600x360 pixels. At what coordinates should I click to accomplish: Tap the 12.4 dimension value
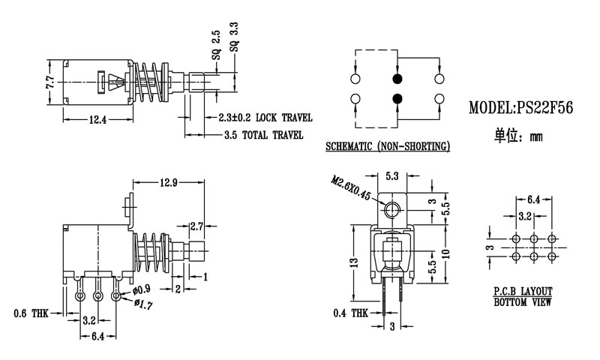tap(97, 118)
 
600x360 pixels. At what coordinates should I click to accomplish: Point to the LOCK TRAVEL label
tap(283, 118)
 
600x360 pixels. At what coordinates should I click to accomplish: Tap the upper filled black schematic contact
tap(397, 78)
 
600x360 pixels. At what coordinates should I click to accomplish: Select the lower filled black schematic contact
tap(397, 97)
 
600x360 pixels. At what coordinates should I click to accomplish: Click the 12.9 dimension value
tap(169, 183)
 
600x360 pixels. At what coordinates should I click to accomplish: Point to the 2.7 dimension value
tap(196, 226)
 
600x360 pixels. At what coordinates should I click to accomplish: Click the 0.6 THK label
tap(30, 313)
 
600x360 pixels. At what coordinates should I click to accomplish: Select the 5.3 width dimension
tap(391, 177)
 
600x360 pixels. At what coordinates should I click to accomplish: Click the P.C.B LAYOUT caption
tap(523, 290)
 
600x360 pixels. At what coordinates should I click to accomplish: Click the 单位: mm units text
tap(517, 136)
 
